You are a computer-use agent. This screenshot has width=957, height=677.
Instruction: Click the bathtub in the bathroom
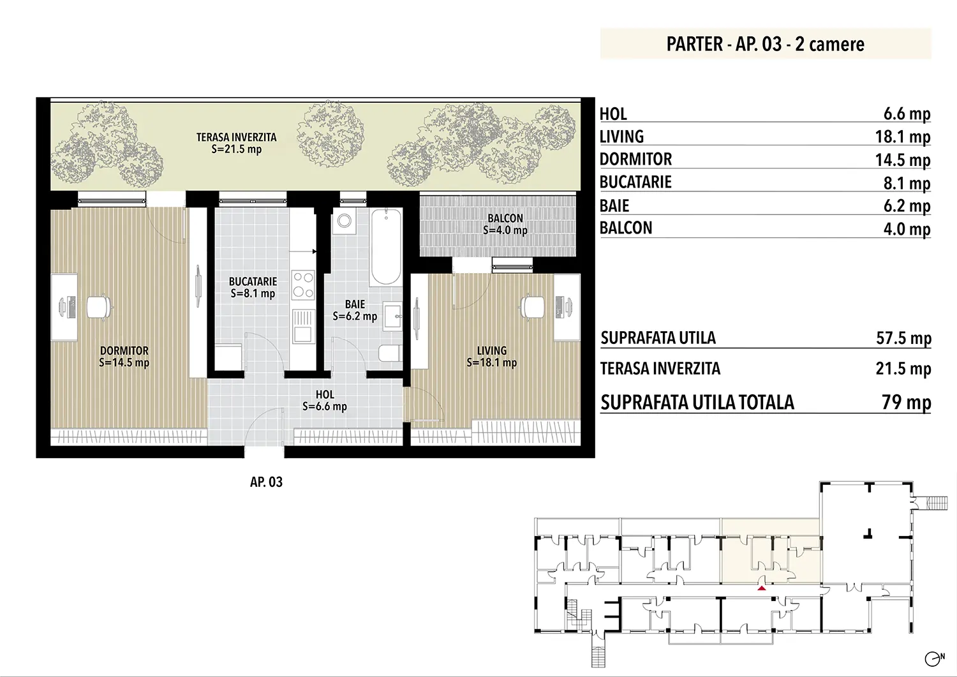coord(386,247)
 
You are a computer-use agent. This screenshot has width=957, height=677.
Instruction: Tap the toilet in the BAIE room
coord(390,353)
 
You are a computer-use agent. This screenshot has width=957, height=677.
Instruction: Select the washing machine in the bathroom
coord(345,221)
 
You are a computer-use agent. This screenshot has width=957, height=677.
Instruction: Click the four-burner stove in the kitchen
coord(303,285)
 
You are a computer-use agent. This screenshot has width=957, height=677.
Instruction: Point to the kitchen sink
coord(303,327)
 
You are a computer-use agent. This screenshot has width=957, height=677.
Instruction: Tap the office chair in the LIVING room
coord(532,306)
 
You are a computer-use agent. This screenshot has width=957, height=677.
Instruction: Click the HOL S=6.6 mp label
coord(325,401)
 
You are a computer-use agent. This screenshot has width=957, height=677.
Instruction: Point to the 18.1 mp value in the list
coord(903,137)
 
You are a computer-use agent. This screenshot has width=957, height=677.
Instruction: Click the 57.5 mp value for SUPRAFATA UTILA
coord(903,338)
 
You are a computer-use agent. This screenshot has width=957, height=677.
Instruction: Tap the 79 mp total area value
coord(907,402)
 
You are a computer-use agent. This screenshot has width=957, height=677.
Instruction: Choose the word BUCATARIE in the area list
coord(635,182)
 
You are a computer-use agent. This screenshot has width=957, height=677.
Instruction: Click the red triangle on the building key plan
coord(762,588)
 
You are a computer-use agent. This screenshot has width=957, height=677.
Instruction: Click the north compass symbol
coord(934,658)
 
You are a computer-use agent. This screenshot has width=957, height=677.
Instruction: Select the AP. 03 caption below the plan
coord(266,482)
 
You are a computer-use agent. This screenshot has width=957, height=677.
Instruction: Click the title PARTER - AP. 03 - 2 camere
coord(765,44)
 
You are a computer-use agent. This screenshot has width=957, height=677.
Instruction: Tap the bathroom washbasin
coord(392,316)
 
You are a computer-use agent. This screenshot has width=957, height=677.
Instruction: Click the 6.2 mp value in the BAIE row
coord(907,206)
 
